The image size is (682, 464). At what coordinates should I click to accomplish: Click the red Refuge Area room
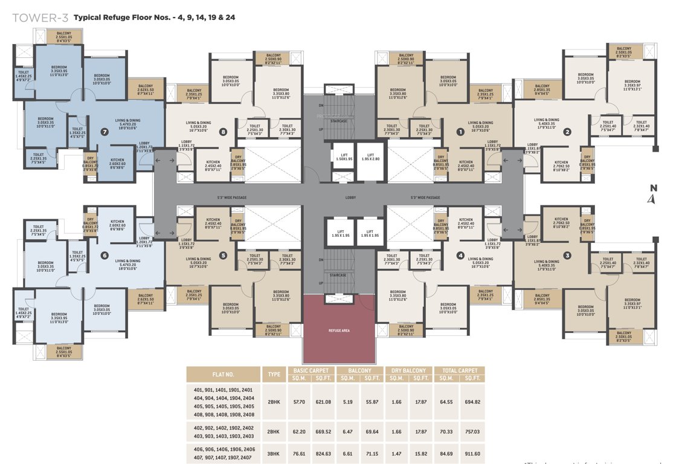click(x=339, y=329)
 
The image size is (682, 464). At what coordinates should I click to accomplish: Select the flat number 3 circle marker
click(x=567, y=256)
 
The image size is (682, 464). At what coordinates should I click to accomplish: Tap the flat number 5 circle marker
click(x=223, y=256)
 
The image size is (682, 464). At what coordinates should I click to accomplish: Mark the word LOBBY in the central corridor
click(x=350, y=198)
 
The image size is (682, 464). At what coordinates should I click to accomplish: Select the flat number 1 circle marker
click(x=460, y=131)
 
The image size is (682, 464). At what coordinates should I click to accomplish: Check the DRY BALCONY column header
click(x=408, y=370)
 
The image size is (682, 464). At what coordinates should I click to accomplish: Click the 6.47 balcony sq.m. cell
click(x=347, y=432)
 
